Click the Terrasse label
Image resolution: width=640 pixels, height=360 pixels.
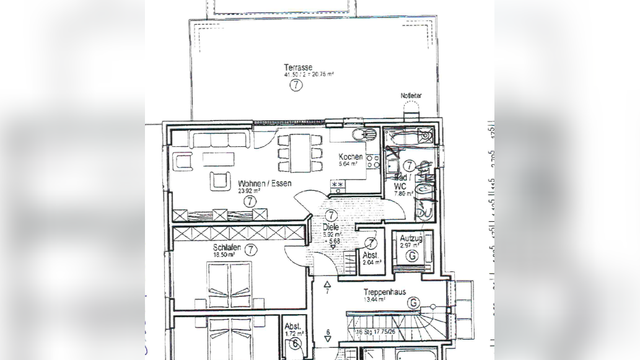coord(297,67)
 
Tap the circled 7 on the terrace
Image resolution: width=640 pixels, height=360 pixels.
coord(296,86)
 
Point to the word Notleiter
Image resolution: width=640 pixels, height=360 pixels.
coord(411,95)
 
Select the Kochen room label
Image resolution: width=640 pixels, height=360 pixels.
coord(351,157)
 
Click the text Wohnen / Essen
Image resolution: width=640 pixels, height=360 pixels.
coord(265,183)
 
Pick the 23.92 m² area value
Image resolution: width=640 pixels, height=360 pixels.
coord(249,191)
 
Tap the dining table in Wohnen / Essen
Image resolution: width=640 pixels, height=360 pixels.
coord(300,153)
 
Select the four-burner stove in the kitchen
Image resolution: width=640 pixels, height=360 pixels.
coord(373,162)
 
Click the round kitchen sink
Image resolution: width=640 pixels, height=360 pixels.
coord(359,135)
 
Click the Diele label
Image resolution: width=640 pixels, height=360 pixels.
coord(331,227)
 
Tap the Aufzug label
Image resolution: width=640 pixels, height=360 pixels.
coord(411,238)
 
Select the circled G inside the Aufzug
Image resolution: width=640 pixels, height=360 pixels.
coord(411,255)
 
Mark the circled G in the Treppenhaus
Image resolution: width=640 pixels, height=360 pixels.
coord(413,302)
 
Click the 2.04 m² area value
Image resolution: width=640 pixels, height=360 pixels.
coord(372,262)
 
